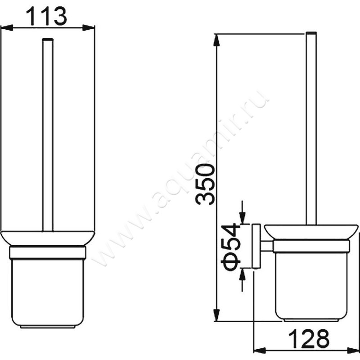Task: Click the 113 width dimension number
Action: pos(46,16)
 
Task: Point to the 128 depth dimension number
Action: pos(309,339)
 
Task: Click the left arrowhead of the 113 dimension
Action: pos(6,27)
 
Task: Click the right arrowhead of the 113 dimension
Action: pos(89,27)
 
